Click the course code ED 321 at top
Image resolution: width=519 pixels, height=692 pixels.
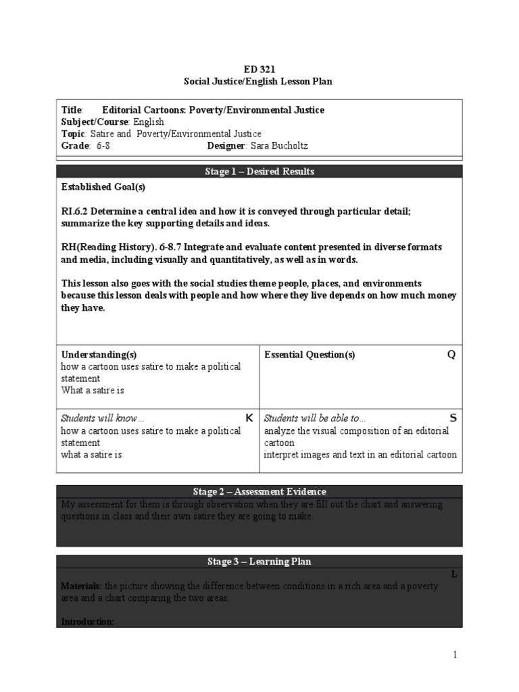(x=259, y=69)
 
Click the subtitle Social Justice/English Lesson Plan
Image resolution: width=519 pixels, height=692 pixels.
(x=259, y=81)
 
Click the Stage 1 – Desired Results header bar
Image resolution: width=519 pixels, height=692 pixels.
(x=259, y=172)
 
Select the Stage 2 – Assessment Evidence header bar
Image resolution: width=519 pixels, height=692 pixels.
(x=259, y=491)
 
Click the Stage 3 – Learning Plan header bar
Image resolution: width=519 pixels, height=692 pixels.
(x=259, y=562)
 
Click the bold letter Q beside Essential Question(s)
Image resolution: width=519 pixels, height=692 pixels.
(x=451, y=355)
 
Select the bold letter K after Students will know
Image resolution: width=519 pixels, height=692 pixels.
(x=249, y=418)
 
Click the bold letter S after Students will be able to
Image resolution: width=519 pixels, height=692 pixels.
(x=453, y=418)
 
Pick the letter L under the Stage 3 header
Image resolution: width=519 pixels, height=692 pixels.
(x=454, y=574)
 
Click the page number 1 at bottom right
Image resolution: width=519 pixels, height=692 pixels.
(x=455, y=654)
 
